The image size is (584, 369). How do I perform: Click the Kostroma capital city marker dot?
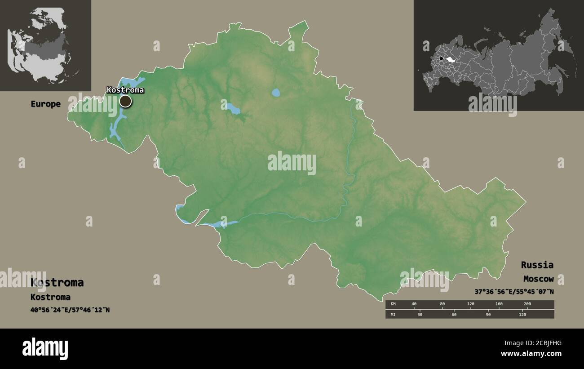[125, 101]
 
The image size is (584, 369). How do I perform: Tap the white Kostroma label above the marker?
[125, 90]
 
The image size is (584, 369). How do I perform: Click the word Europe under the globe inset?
[45, 104]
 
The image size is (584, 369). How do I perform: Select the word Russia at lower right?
[537, 265]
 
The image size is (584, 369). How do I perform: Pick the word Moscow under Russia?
[538, 279]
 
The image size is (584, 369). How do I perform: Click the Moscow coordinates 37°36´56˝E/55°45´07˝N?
[514, 291]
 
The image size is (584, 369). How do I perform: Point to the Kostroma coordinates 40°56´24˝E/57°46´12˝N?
[70, 310]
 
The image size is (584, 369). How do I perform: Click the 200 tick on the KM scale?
[527, 304]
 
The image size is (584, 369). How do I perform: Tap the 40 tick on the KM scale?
[414, 304]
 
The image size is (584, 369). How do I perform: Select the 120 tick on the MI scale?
[522, 314]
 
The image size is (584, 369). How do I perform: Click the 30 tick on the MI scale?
[420, 314]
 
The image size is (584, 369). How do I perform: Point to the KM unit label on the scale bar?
[393, 304]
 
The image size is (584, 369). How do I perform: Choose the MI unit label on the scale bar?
[393, 314]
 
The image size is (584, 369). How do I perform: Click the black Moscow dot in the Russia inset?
[441, 59]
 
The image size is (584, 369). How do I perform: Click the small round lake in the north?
[276, 93]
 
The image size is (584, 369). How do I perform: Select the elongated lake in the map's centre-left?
[233, 109]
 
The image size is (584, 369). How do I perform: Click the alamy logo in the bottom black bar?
[45, 348]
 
